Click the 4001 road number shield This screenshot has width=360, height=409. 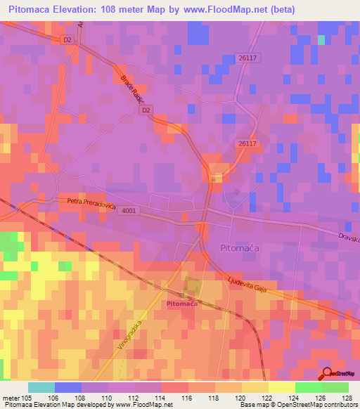tap(129, 210)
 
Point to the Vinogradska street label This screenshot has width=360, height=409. tap(127, 335)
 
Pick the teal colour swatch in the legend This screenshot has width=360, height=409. tap(41, 387)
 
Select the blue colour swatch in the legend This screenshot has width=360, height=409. tap(68, 387)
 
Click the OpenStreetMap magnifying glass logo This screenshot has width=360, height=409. tap(328, 374)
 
